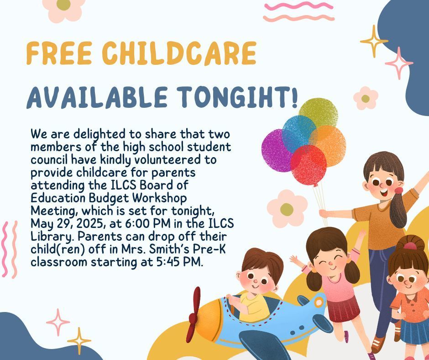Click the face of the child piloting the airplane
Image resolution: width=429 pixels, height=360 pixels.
(260, 278)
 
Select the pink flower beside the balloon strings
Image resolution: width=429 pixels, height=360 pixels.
(287, 209)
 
